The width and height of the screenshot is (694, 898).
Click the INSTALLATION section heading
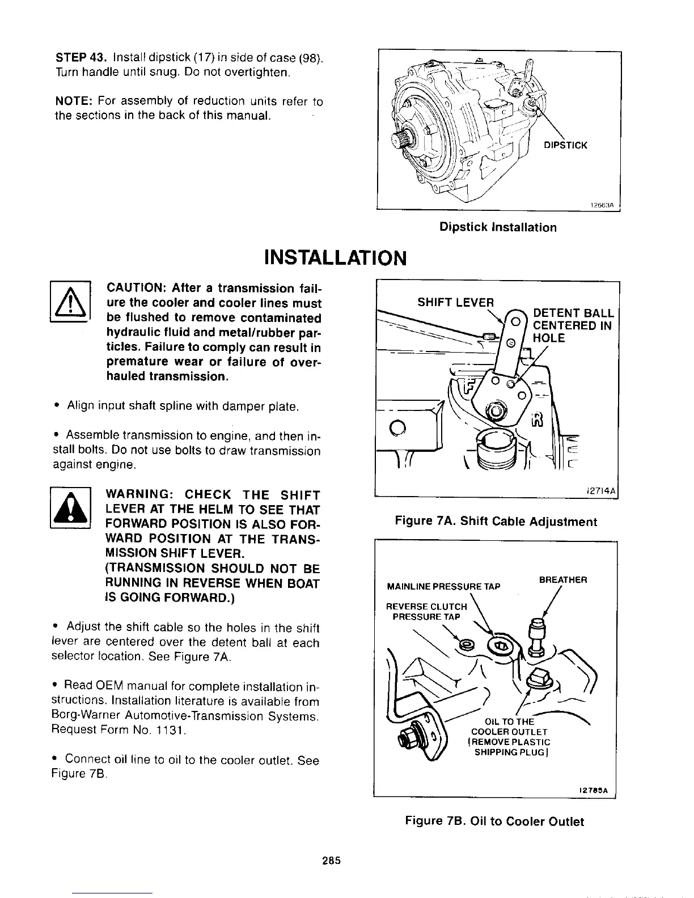(x=335, y=258)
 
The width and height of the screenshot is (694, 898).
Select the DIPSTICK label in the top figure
(x=565, y=145)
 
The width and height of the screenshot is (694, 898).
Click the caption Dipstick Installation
(x=498, y=227)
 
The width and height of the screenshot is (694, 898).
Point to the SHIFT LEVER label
(x=456, y=302)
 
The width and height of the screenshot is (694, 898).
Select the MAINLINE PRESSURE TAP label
(x=443, y=586)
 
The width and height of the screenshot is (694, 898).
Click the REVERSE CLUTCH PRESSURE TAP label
(x=427, y=612)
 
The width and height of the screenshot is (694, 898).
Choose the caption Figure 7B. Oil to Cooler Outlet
(x=494, y=821)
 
